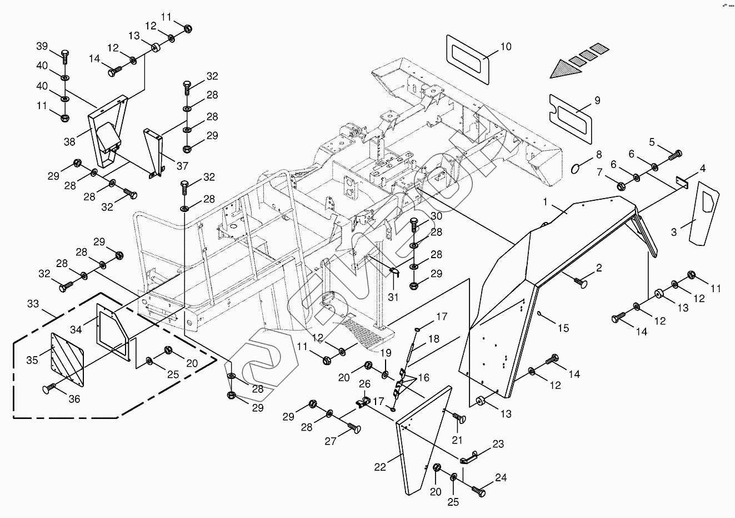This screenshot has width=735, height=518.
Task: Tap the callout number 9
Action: tap(597, 100)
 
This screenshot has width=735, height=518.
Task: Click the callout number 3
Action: tap(674, 231)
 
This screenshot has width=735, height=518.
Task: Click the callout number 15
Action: tap(563, 328)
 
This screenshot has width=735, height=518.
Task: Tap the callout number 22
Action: tap(379, 467)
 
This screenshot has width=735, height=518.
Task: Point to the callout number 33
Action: tap(33, 304)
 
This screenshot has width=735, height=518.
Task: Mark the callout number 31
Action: tap(393, 297)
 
